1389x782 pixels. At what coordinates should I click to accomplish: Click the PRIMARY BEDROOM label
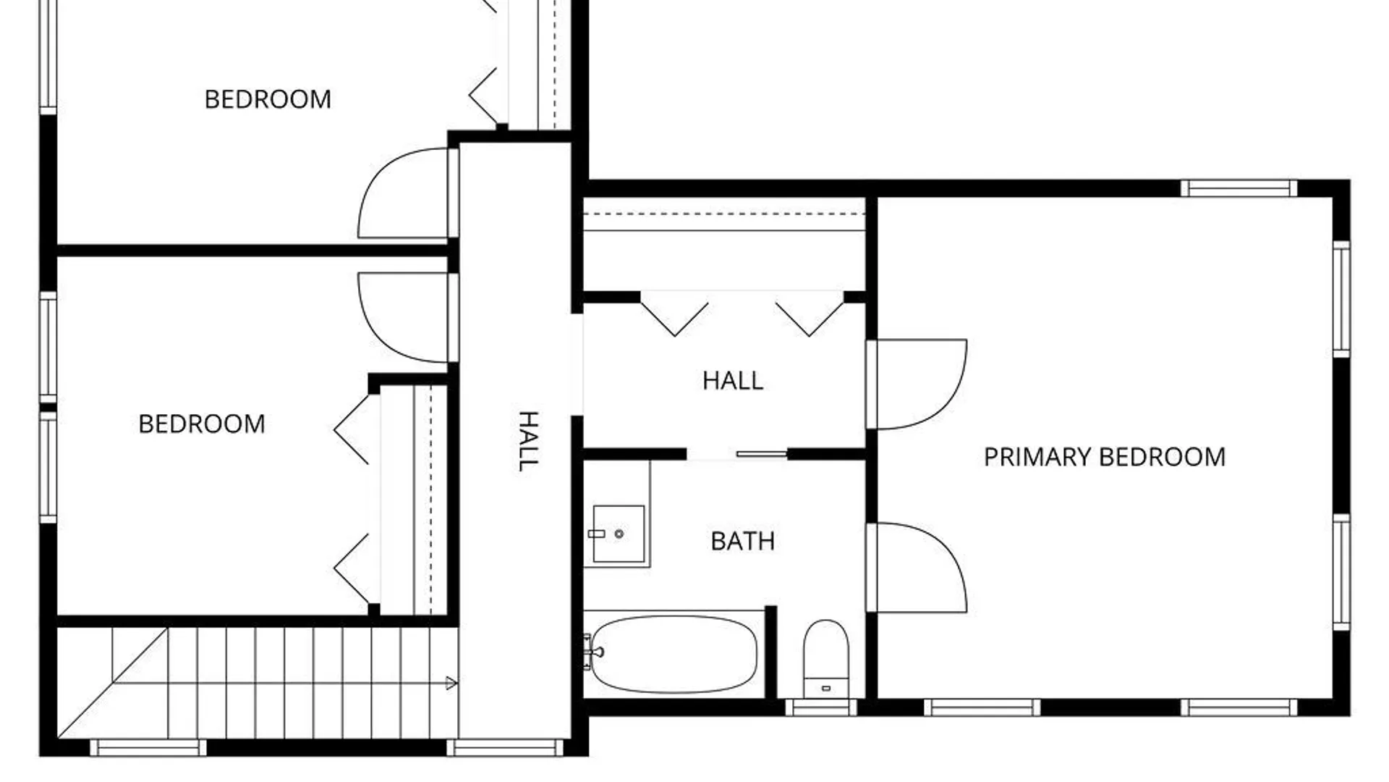[x=1105, y=457]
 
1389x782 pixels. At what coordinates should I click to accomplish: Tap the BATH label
[x=743, y=541]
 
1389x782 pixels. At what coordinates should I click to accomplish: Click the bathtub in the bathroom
[x=674, y=654]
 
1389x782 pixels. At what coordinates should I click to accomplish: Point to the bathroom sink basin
[x=619, y=534]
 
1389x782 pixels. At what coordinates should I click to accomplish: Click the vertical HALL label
[x=528, y=441]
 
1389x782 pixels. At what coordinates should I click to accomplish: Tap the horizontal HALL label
[x=733, y=381]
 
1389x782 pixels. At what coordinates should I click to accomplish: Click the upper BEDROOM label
[x=268, y=99]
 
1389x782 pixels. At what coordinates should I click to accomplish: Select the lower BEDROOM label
[x=202, y=424]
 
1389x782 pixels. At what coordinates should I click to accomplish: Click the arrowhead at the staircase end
[x=451, y=683]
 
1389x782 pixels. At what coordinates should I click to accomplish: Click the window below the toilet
[x=821, y=707]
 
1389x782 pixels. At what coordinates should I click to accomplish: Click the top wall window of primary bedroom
[x=1239, y=188]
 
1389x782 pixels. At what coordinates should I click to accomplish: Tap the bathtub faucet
[x=592, y=652]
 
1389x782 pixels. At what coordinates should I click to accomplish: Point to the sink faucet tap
[x=597, y=534]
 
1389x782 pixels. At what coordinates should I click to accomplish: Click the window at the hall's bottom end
[x=505, y=747]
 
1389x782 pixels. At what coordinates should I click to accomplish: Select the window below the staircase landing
[x=148, y=747]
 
